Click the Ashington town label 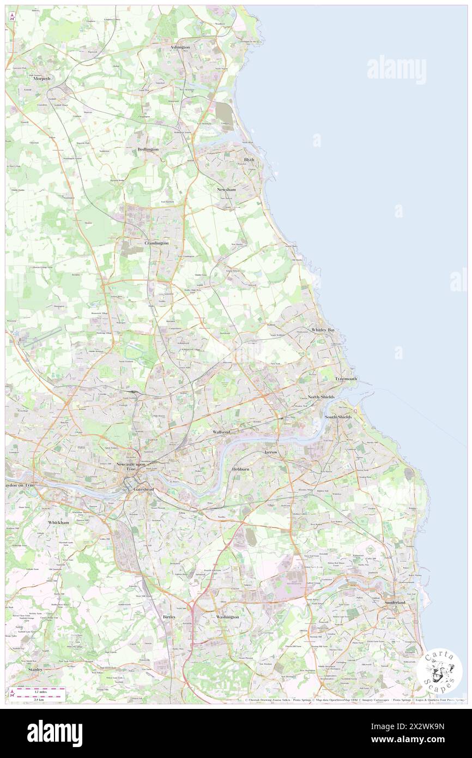(x=180, y=47)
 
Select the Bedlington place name (x=148, y=149)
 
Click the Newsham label (x=226, y=189)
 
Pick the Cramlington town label (x=156, y=243)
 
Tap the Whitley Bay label (x=323, y=330)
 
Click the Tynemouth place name (x=346, y=378)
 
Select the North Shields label (x=321, y=396)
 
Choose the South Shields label (x=338, y=417)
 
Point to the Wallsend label (x=221, y=431)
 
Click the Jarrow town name (x=271, y=453)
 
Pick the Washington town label (x=227, y=617)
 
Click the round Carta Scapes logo (x=439, y=670)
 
